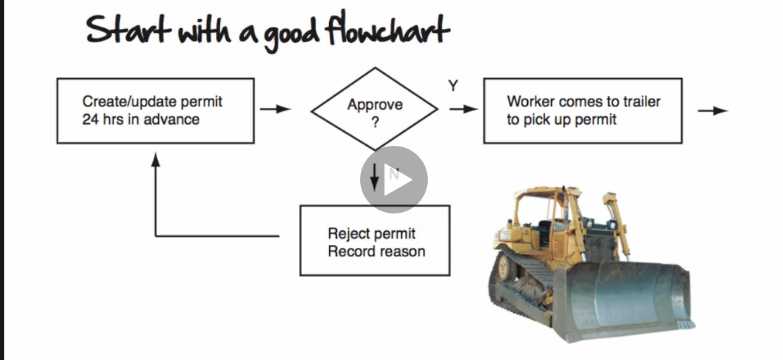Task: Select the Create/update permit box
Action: pos(155,111)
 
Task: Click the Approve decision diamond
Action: pos(375,111)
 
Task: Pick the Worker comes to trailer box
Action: pos(582,111)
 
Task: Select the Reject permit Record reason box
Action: pos(375,240)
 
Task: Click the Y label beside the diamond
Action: pos(453,86)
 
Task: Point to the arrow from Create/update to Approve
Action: pos(275,109)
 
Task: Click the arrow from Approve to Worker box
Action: pos(464,109)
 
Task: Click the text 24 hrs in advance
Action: pos(140,120)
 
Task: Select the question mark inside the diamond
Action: pos(375,122)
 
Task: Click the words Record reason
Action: pos(376,252)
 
